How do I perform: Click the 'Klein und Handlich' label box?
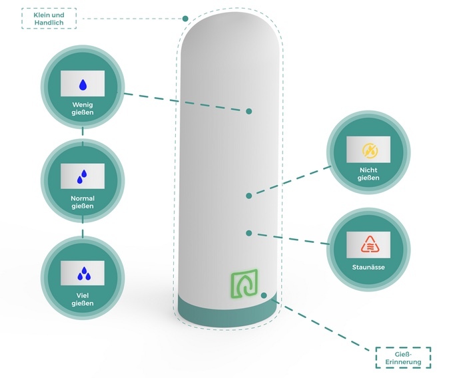click(x=49, y=19)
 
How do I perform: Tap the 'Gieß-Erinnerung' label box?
click(x=403, y=357)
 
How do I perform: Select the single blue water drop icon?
click(x=83, y=85)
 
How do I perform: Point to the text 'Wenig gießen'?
click(x=83, y=109)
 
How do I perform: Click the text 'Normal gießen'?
click(x=83, y=202)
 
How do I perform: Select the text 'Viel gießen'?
click(x=83, y=298)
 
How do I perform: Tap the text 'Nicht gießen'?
click(x=369, y=174)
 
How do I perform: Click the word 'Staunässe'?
click(x=369, y=268)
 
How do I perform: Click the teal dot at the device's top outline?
click(x=185, y=19)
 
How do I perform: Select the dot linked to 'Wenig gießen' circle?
click(x=248, y=111)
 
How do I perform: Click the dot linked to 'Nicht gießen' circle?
click(x=248, y=196)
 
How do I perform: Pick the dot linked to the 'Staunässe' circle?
click(x=248, y=233)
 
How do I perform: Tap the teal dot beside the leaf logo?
click(x=264, y=295)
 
